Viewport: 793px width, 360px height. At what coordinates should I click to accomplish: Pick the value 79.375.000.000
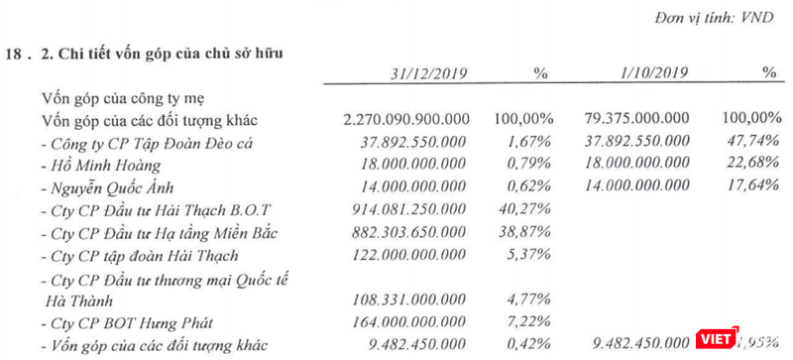630,119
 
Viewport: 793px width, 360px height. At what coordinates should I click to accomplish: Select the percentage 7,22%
517,323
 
